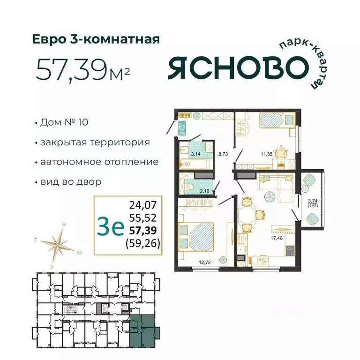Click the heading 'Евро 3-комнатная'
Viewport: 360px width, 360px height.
coord(96,39)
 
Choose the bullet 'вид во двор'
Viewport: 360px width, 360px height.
coord(71,181)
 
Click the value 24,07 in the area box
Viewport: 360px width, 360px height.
coord(144,204)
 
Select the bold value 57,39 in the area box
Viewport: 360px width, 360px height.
coord(144,230)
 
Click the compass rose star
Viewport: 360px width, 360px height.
coord(59,245)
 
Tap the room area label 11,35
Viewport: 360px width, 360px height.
coord(260,152)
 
